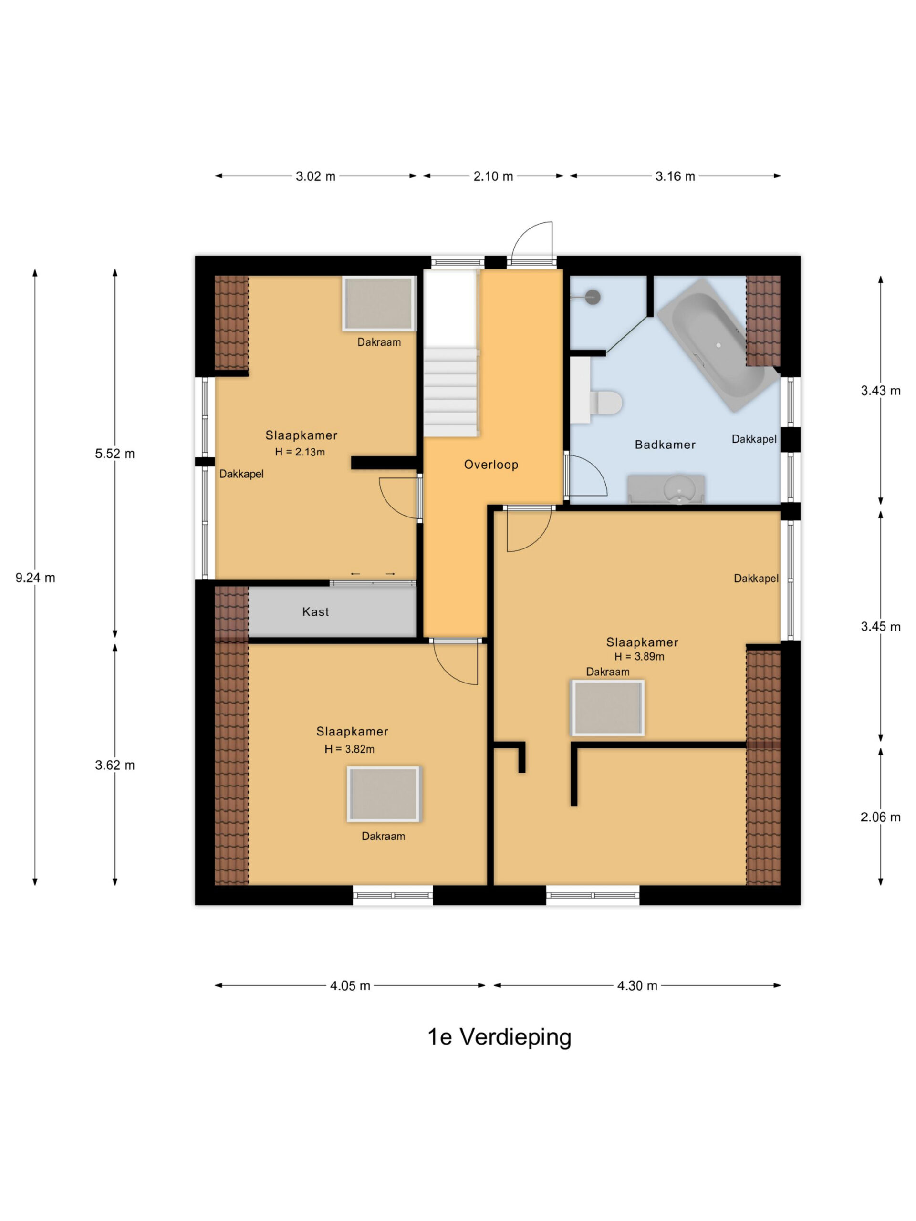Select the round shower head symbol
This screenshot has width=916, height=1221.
click(593, 297)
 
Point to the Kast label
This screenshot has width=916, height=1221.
click(315, 611)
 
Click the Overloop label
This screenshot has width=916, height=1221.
click(491, 465)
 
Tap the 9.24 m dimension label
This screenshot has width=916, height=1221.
click(35, 578)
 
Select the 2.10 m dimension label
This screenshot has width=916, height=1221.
click(493, 176)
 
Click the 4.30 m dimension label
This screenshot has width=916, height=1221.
click(637, 986)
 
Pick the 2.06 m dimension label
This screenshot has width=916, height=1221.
click(880, 817)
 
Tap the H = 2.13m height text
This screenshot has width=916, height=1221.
click(300, 452)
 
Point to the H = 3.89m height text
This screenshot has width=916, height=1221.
click(639, 657)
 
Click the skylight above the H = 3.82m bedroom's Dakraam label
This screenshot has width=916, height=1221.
click(383, 794)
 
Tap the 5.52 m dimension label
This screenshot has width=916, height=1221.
click(115, 454)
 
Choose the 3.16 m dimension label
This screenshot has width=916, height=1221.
click(675, 176)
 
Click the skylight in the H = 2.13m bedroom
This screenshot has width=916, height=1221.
click(379, 304)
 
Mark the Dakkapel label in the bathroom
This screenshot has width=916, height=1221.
click(754, 439)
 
